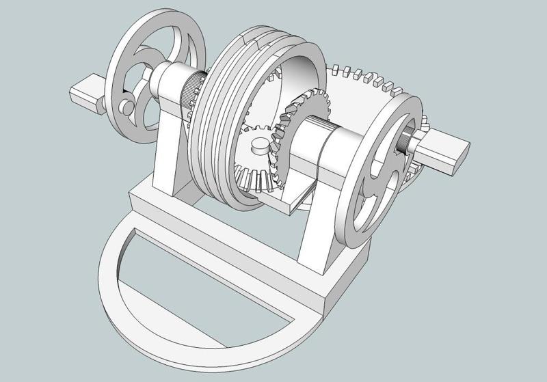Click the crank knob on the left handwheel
pyautogui.click(x=126, y=107)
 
